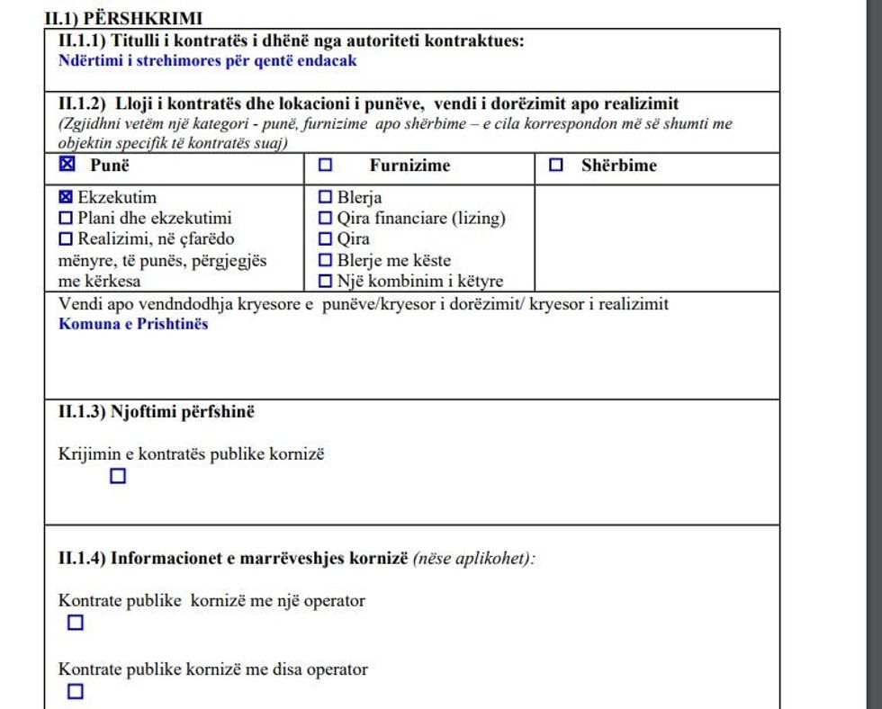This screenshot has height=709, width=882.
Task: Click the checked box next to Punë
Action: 66,166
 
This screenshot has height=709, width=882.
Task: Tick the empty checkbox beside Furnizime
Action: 325,166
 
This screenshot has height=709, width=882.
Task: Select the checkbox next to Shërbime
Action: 556,166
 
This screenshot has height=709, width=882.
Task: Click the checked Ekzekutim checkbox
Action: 66,197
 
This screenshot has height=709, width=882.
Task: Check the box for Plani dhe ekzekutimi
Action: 66,218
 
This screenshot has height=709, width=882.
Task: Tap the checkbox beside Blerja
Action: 325,197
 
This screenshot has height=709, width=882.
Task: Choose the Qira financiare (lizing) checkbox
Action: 325,218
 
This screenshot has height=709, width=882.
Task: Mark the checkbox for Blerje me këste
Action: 325,261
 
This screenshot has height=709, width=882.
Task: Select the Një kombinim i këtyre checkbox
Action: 325,282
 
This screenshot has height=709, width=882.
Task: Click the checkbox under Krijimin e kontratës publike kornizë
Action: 118,477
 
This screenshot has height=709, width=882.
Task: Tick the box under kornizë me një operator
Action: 76,623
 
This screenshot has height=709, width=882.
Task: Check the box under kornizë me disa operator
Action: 76,692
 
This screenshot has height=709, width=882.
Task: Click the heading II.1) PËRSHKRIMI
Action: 123,18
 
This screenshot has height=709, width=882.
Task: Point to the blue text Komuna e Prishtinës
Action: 133,324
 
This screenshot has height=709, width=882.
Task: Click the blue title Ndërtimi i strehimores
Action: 207,61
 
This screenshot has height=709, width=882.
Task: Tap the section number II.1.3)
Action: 82,412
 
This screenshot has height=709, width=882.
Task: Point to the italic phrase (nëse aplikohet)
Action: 473,559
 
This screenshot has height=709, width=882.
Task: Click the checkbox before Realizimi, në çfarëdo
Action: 66,239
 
